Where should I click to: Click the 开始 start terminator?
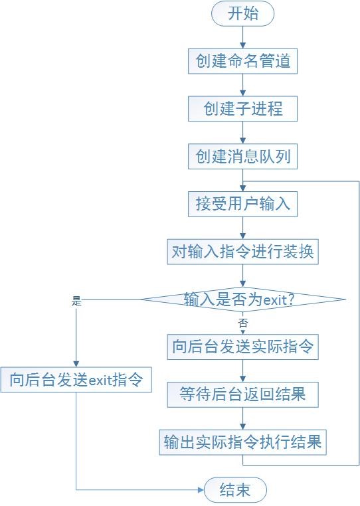tap(243, 13)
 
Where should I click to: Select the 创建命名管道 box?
tap(243, 61)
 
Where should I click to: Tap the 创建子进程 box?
tap(243, 109)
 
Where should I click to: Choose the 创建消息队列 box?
tap(243, 157)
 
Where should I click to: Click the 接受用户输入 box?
tap(243, 204)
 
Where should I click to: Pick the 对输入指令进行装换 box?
tap(243, 252)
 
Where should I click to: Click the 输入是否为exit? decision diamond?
tap(244, 299)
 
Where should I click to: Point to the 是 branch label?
tap(76, 301)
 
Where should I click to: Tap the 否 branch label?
tap(243, 323)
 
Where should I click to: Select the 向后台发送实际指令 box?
tap(243, 347)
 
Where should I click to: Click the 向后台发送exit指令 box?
tap(76, 380)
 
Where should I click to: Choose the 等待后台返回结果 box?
tap(243, 394)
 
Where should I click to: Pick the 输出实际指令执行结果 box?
tap(243, 442)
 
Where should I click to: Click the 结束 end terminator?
tap(235, 490)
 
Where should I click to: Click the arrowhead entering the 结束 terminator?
tap(201, 490)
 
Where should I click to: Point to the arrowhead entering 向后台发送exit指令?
tap(76, 364)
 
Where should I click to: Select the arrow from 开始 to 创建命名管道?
tap(243, 37)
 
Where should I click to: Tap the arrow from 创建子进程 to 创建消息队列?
tap(243, 133)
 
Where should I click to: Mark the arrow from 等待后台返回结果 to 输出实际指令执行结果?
tap(243, 418)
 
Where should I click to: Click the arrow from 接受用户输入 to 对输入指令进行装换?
tap(243, 228)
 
